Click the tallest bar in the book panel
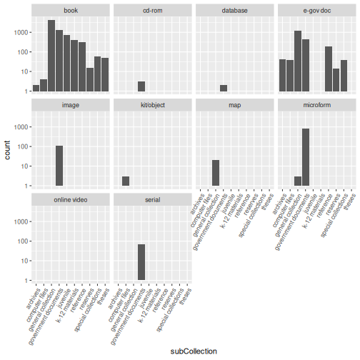(51, 56)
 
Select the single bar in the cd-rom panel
(141, 86)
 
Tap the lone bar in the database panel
(224, 88)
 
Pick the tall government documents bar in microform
(306, 157)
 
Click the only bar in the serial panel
(141, 262)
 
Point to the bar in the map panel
(216, 173)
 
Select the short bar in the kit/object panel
(126, 181)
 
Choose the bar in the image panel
(59, 166)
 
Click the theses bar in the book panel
(105, 74)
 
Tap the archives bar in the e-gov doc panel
(282, 75)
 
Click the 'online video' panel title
(71, 200)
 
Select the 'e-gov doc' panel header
(317, 11)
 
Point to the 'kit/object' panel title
(153, 105)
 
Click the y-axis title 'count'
(7, 150)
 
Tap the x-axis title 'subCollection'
(194, 351)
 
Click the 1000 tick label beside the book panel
(21, 32)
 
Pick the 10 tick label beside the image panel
(24, 166)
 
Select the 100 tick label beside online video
(23, 241)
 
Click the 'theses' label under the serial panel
(185, 296)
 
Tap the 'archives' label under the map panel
(197, 204)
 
